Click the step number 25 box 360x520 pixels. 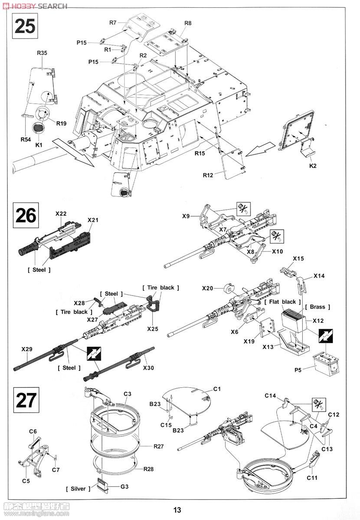[25, 26]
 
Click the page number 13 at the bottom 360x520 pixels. [177, 510]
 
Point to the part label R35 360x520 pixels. [42, 53]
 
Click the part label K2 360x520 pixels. [313, 166]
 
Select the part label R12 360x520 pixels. [208, 175]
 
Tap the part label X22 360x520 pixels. [61, 214]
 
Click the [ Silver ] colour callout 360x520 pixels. [79, 489]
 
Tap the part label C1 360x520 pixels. [217, 389]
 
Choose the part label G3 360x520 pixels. [124, 487]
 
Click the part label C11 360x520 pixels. [313, 478]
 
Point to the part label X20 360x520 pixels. [207, 288]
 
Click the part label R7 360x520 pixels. [113, 22]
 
